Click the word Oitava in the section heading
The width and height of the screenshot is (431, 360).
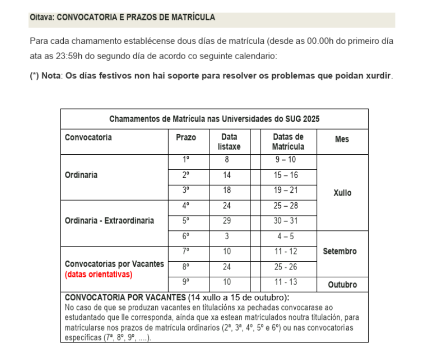click(42, 17)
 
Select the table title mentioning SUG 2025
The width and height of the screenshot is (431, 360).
click(214, 119)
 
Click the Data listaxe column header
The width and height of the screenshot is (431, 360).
click(229, 142)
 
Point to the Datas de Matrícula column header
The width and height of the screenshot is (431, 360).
click(288, 142)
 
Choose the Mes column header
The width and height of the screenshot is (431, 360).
click(342, 139)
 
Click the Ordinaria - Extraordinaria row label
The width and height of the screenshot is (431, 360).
click(109, 221)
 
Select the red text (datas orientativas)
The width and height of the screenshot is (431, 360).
click(99, 274)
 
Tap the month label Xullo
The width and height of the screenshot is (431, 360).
click(342, 193)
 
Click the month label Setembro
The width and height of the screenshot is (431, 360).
click(339, 251)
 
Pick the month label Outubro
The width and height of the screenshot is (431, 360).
click(342, 284)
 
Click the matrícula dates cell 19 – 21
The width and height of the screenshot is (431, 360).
click(286, 190)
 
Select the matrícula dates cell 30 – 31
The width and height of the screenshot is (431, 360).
click(286, 221)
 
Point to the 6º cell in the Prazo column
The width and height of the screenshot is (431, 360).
click(186, 236)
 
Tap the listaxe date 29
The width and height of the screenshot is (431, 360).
click(227, 221)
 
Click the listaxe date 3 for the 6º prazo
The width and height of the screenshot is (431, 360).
click(227, 236)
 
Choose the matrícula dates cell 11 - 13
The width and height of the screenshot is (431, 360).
click(286, 282)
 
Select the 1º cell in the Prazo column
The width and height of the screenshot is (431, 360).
click(186, 160)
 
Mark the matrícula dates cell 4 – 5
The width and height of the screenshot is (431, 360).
click(286, 236)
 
